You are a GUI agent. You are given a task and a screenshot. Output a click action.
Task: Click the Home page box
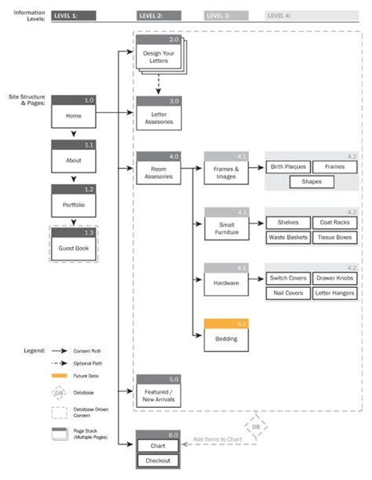pyautogui.click(x=73, y=115)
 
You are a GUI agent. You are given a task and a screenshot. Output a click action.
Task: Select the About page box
pyautogui.click(x=73, y=159)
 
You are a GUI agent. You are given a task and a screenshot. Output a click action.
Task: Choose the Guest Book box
pyautogui.click(x=73, y=248)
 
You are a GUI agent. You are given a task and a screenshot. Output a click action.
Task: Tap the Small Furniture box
pyautogui.click(x=227, y=227)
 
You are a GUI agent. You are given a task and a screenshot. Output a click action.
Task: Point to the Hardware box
pyautogui.click(x=227, y=282)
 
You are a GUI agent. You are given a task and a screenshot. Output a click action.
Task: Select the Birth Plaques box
pyautogui.click(x=288, y=167)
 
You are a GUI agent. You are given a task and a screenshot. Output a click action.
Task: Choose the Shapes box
pyautogui.click(x=312, y=182)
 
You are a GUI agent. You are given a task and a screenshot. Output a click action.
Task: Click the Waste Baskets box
pyautogui.click(x=288, y=237)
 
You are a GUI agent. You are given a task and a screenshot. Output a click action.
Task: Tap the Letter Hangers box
pyautogui.click(x=335, y=293)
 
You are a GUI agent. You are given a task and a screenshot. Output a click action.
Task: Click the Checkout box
pyautogui.click(x=158, y=461)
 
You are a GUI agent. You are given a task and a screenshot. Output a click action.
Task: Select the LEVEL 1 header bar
pyautogui.click(x=75, y=15)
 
